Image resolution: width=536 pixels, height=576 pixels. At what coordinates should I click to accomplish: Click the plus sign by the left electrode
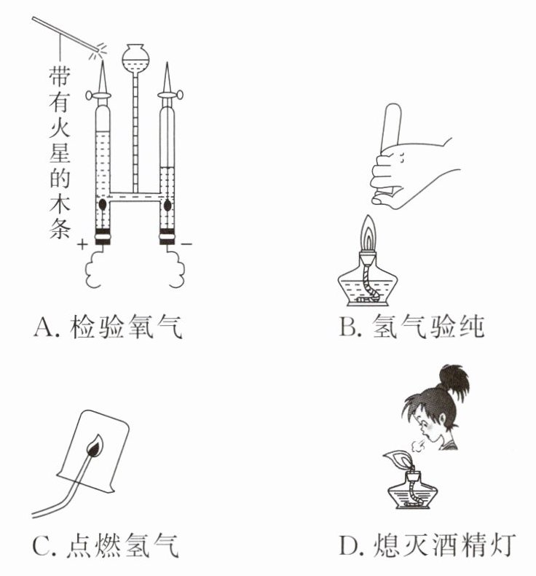coord(83,244)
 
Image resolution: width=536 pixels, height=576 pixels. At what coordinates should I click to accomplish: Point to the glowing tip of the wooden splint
coord(98,50)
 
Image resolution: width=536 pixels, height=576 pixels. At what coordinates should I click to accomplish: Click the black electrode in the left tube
coord(103,203)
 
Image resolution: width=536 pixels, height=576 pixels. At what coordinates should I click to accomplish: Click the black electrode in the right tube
coord(167,205)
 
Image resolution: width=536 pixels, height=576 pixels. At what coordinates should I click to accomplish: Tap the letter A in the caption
coord(44,326)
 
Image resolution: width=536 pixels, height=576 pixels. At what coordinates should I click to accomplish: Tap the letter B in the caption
coord(347,326)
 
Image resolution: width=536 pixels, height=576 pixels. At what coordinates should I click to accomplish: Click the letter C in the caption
coord(41,545)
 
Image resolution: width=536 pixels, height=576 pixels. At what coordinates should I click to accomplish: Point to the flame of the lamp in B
coord(368,231)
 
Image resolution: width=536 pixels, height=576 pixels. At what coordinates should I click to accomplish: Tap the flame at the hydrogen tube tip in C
coord(95,445)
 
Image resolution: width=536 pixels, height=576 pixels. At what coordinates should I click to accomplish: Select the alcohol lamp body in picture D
coord(413,491)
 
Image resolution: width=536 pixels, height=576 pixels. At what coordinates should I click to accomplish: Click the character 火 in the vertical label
coord(60,127)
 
